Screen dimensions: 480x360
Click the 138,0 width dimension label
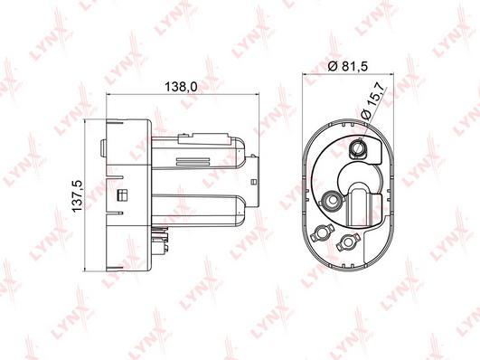(x=181, y=87)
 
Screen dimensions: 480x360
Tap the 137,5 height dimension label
(x=77, y=195)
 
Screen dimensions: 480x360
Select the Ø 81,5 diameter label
(x=347, y=66)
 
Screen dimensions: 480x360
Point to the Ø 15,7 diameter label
(x=372, y=101)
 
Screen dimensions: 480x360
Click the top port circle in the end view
(x=357, y=148)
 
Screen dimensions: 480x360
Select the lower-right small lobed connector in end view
(x=347, y=242)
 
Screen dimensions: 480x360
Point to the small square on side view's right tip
(x=253, y=183)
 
